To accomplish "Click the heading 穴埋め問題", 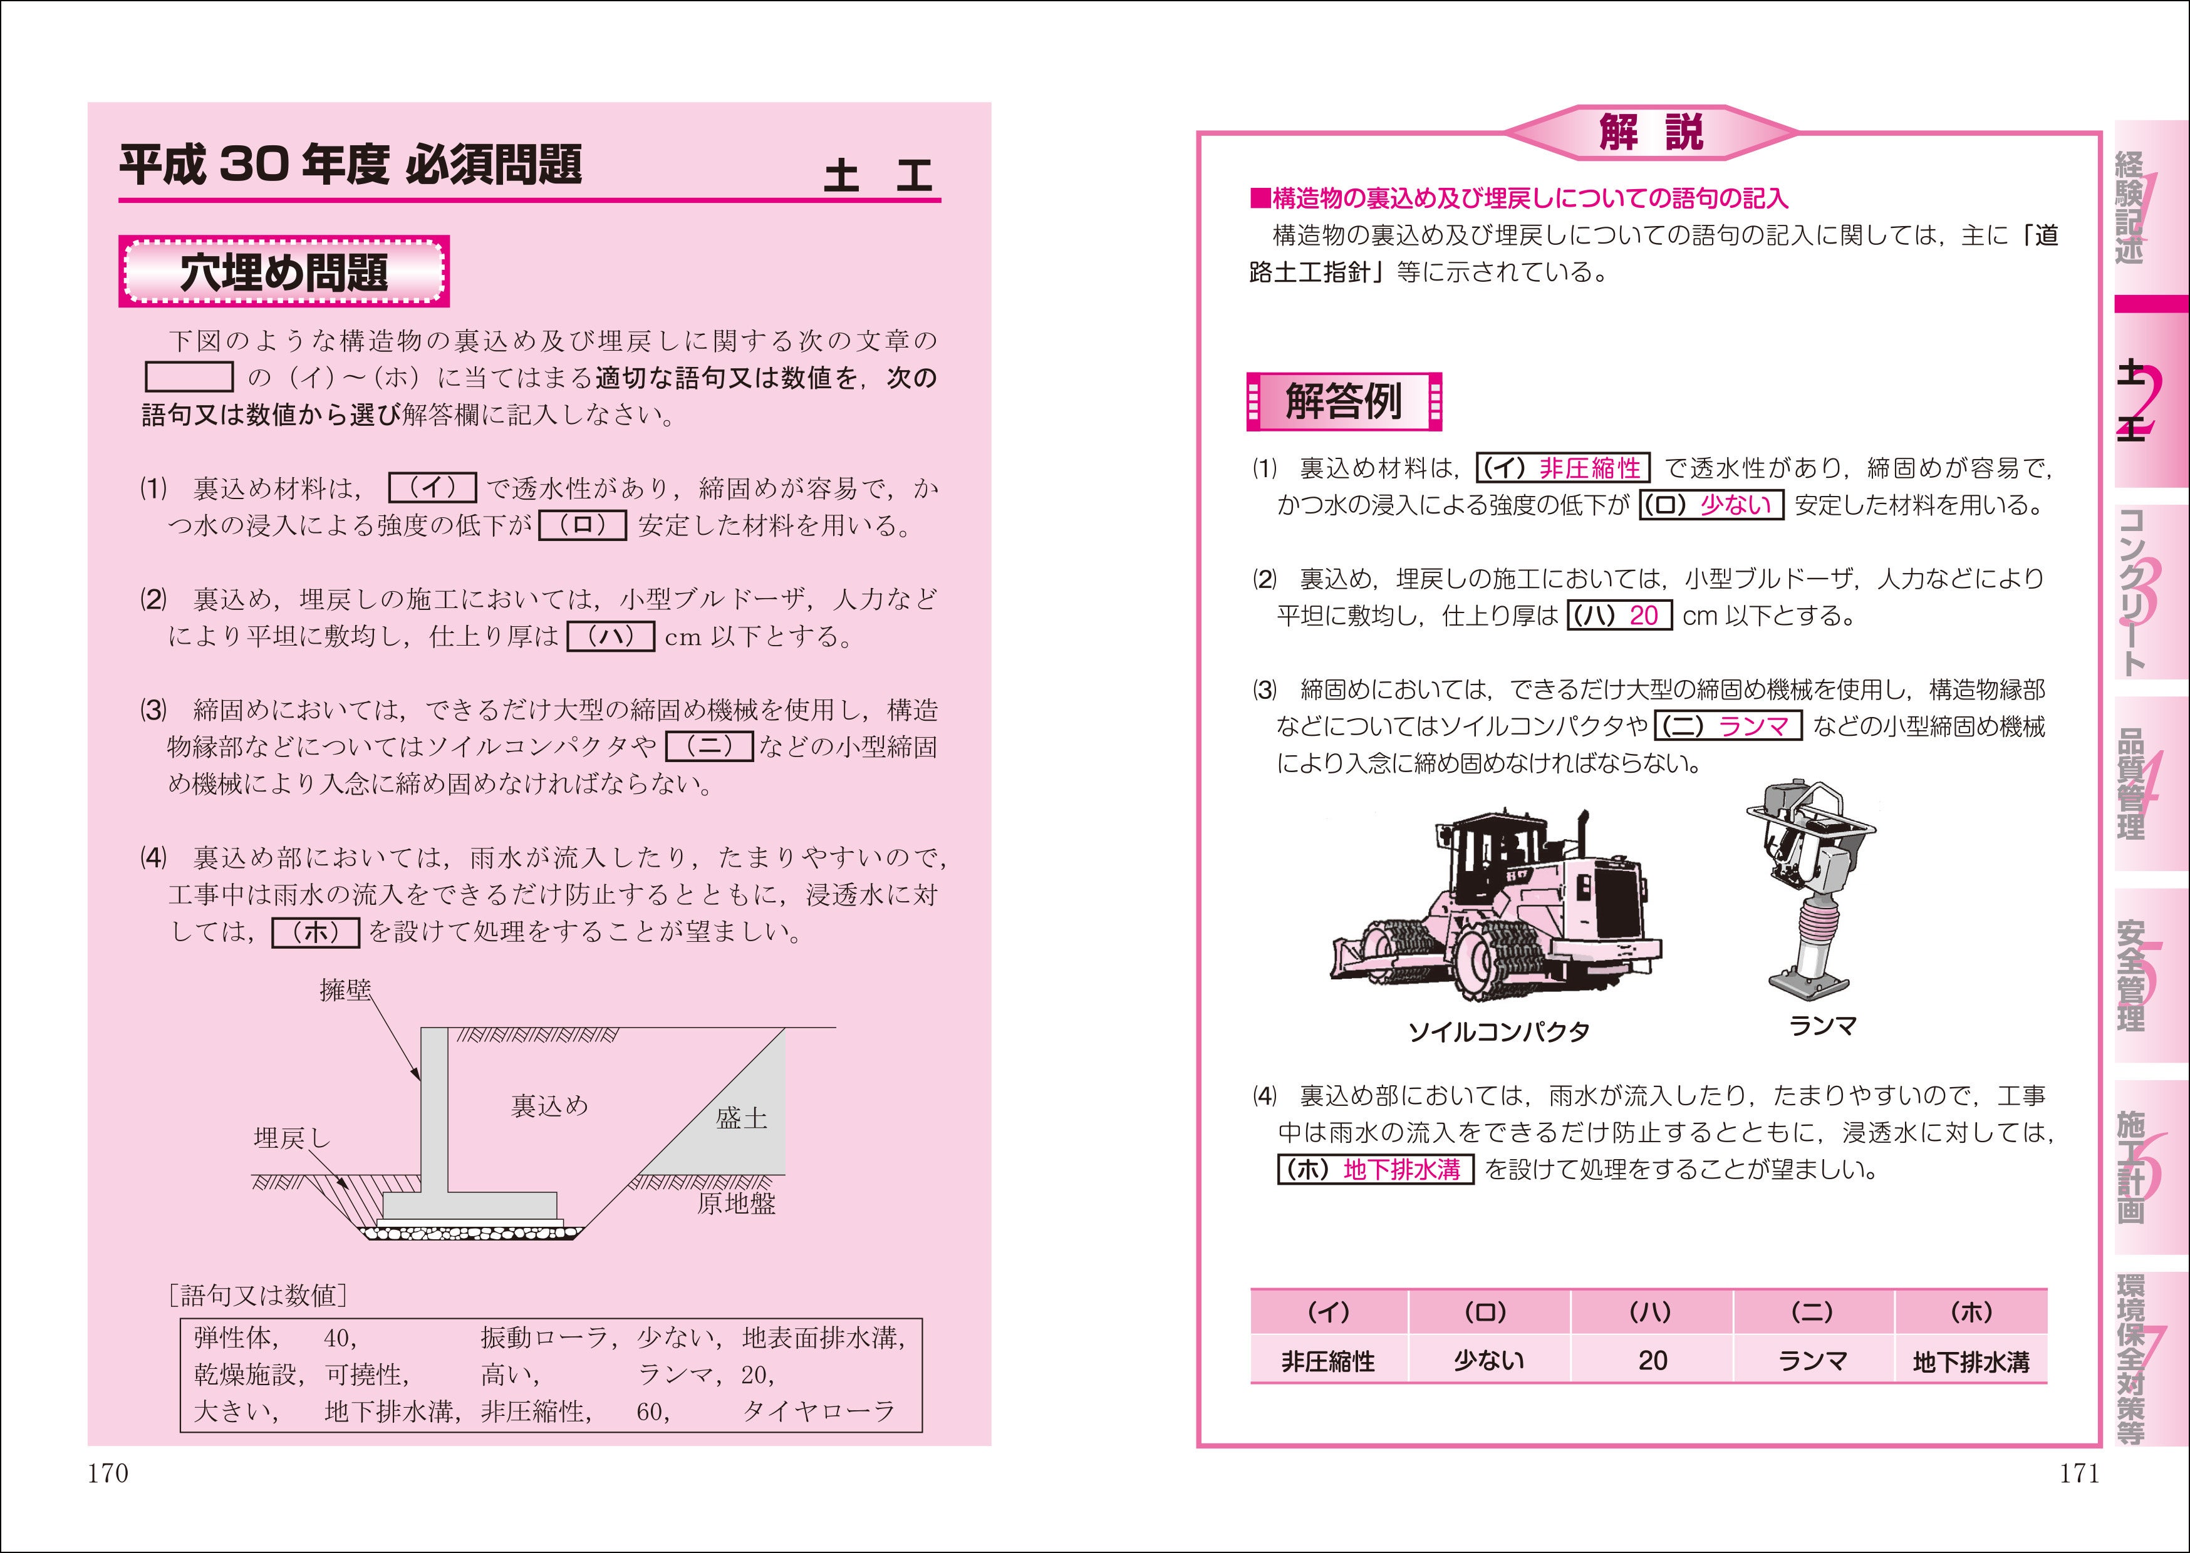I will (x=284, y=272).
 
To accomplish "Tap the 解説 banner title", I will (x=1652, y=132).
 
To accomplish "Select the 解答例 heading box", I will (x=1344, y=401).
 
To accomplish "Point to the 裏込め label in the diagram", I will (x=550, y=1107).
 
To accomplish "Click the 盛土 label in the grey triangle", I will (x=741, y=1118).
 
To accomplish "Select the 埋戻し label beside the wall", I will (x=292, y=1138).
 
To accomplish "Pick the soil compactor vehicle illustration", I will (x=1497, y=909).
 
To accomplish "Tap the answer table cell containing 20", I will (x=1652, y=1361).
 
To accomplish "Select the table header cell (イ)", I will (x=1328, y=1312).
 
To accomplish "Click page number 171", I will (x=2079, y=1473).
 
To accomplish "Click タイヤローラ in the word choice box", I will (x=819, y=1411).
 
